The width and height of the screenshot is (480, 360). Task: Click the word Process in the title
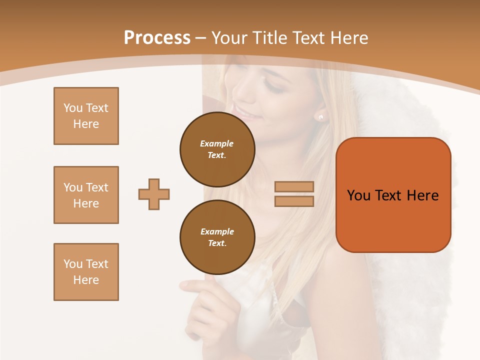pyautogui.click(x=157, y=38)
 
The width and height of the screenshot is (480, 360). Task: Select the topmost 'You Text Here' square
pyautogui.click(x=86, y=116)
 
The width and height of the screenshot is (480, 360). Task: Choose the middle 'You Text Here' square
pyautogui.click(x=86, y=195)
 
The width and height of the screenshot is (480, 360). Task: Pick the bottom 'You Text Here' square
pyautogui.click(x=86, y=272)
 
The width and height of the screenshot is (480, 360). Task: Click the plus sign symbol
pyautogui.click(x=154, y=194)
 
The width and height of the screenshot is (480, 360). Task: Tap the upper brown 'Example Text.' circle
pyautogui.click(x=217, y=149)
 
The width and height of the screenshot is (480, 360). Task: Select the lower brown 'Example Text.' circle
pyautogui.click(x=217, y=237)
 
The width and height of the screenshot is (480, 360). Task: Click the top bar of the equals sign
pyautogui.click(x=294, y=187)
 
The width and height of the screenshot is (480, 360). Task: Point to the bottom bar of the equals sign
pyautogui.click(x=294, y=201)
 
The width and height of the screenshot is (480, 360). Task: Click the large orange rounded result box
pyautogui.click(x=393, y=195)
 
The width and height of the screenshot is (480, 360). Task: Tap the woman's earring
pyautogui.click(x=320, y=117)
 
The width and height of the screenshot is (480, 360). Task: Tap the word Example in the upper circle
pyautogui.click(x=217, y=144)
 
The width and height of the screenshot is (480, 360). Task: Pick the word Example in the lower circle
pyautogui.click(x=217, y=232)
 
